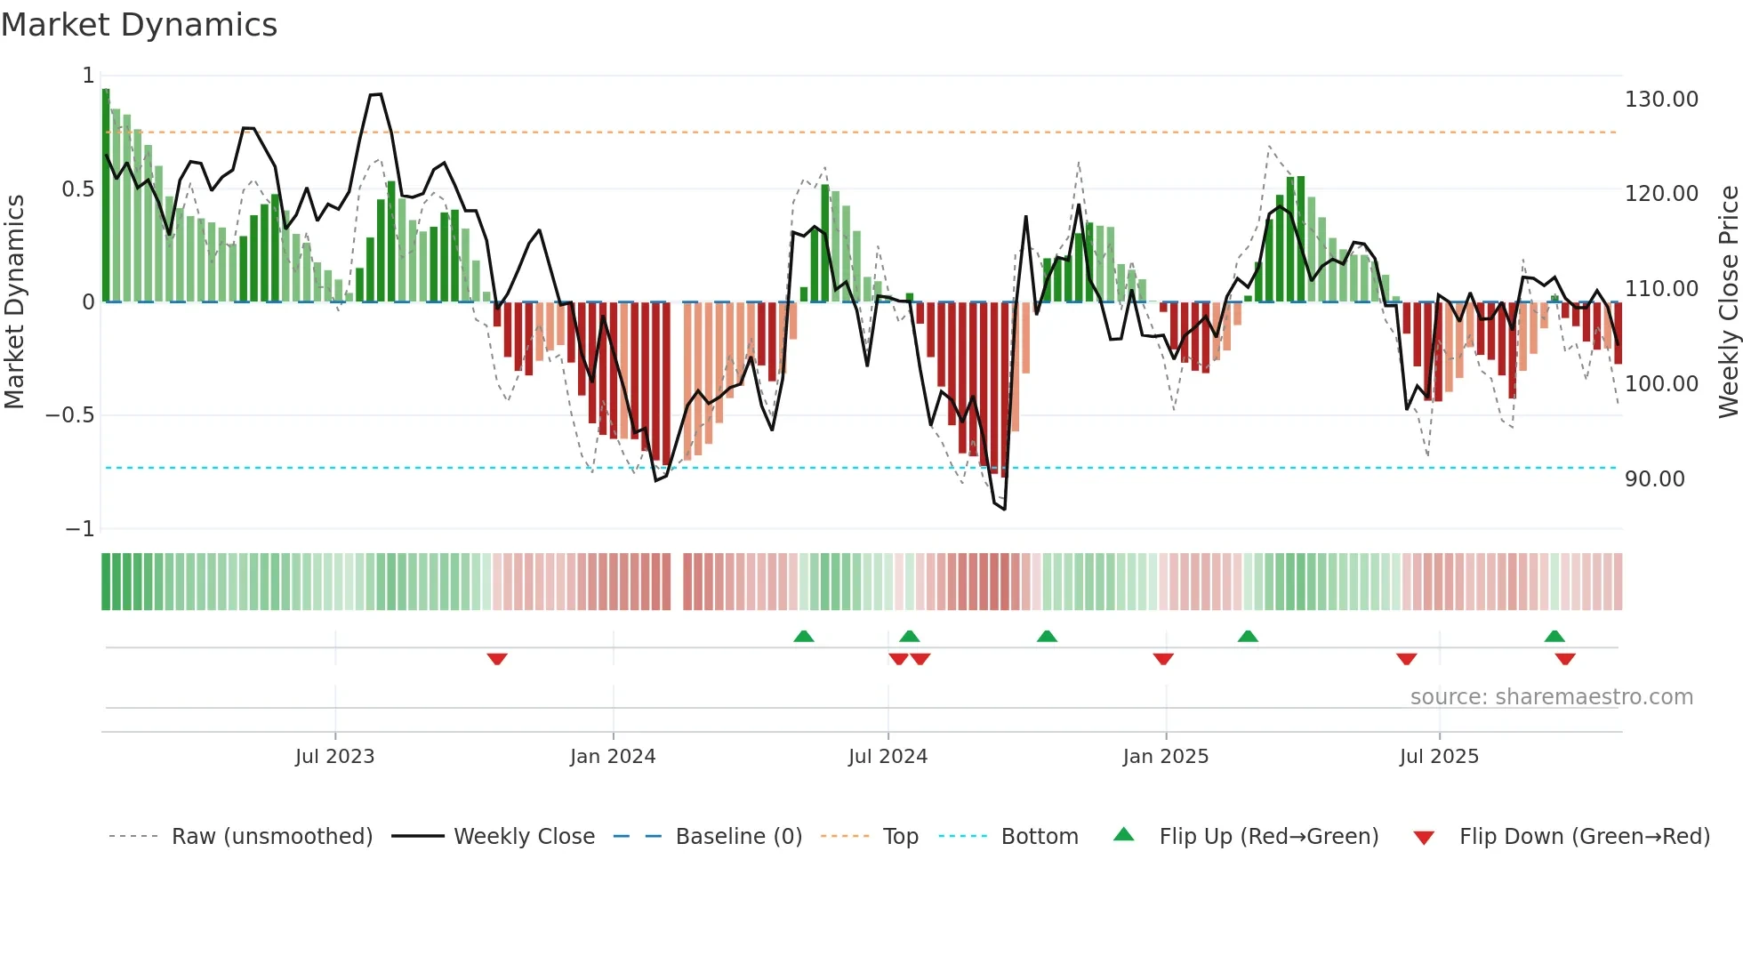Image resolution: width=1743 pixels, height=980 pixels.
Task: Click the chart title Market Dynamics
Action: tap(140, 25)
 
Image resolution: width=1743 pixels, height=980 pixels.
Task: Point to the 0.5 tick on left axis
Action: tap(78, 189)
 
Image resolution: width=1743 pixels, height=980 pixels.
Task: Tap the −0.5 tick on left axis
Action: tap(70, 415)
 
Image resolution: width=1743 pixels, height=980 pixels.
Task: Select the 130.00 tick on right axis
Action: tap(1661, 100)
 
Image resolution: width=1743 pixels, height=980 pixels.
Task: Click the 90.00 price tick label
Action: tap(1654, 479)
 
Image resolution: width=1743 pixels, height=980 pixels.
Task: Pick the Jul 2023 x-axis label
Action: tap(334, 757)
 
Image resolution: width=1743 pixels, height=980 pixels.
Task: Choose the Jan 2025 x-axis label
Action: tap(1165, 757)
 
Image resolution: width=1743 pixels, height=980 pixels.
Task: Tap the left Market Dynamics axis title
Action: tap(14, 302)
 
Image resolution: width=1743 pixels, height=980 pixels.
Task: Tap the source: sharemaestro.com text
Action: tap(1551, 697)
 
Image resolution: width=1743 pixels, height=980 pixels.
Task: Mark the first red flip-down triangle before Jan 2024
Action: tap(497, 659)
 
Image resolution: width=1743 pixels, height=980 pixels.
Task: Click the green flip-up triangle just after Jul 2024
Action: tap(909, 636)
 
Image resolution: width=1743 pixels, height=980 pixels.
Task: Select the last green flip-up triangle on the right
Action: tap(1554, 636)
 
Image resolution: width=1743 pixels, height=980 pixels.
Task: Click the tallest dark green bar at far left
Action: tap(106, 196)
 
